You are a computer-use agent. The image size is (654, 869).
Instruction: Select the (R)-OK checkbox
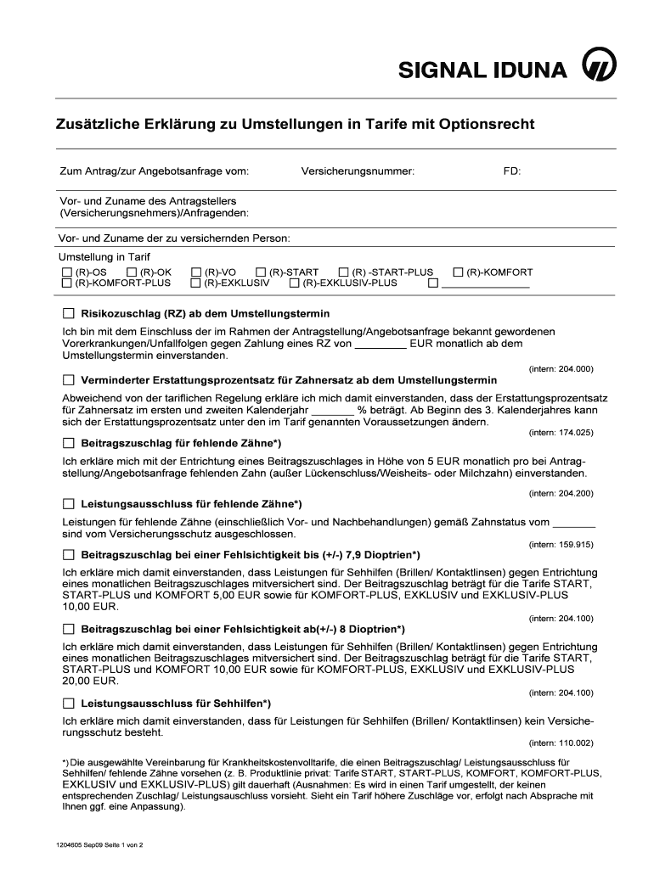tap(132, 272)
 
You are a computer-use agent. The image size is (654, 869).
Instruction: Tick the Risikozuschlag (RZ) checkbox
tap(68, 313)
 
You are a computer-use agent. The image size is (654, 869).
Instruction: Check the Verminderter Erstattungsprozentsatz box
tap(68, 379)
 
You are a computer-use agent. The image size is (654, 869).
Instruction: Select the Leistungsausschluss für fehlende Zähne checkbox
tap(68, 504)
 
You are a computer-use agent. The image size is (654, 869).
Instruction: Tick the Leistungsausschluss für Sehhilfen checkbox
tap(68, 704)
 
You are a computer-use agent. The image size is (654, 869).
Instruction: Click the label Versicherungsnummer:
tap(358, 171)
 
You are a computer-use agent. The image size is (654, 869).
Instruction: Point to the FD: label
tap(512, 171)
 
